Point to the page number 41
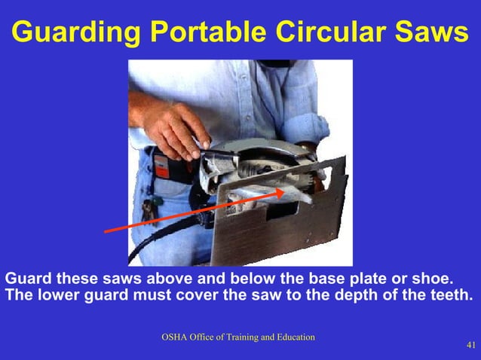471,346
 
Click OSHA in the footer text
176,337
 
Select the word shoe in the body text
433,278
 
